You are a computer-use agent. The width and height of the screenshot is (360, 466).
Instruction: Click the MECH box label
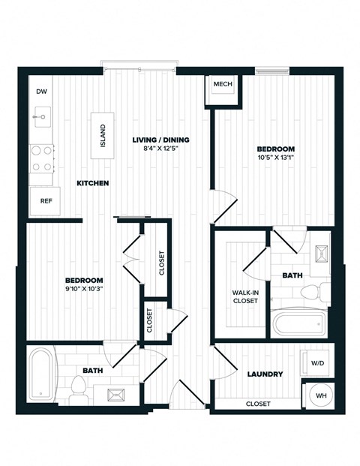[222, 85]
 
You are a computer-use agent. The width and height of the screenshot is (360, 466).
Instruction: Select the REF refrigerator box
[46, 201]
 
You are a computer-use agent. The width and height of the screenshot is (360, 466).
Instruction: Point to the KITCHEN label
[93, 183]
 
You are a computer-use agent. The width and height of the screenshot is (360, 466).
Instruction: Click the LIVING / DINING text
[160, 140]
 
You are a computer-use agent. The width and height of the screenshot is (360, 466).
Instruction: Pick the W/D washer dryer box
[318, 364]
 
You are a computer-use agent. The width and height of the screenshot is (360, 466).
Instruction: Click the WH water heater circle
[320, 395]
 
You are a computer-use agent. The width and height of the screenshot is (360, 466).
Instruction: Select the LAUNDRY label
[265, 374]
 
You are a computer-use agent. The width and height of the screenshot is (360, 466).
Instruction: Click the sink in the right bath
[321, 256]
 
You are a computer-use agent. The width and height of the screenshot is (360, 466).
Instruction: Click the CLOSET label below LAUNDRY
[258, 404]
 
